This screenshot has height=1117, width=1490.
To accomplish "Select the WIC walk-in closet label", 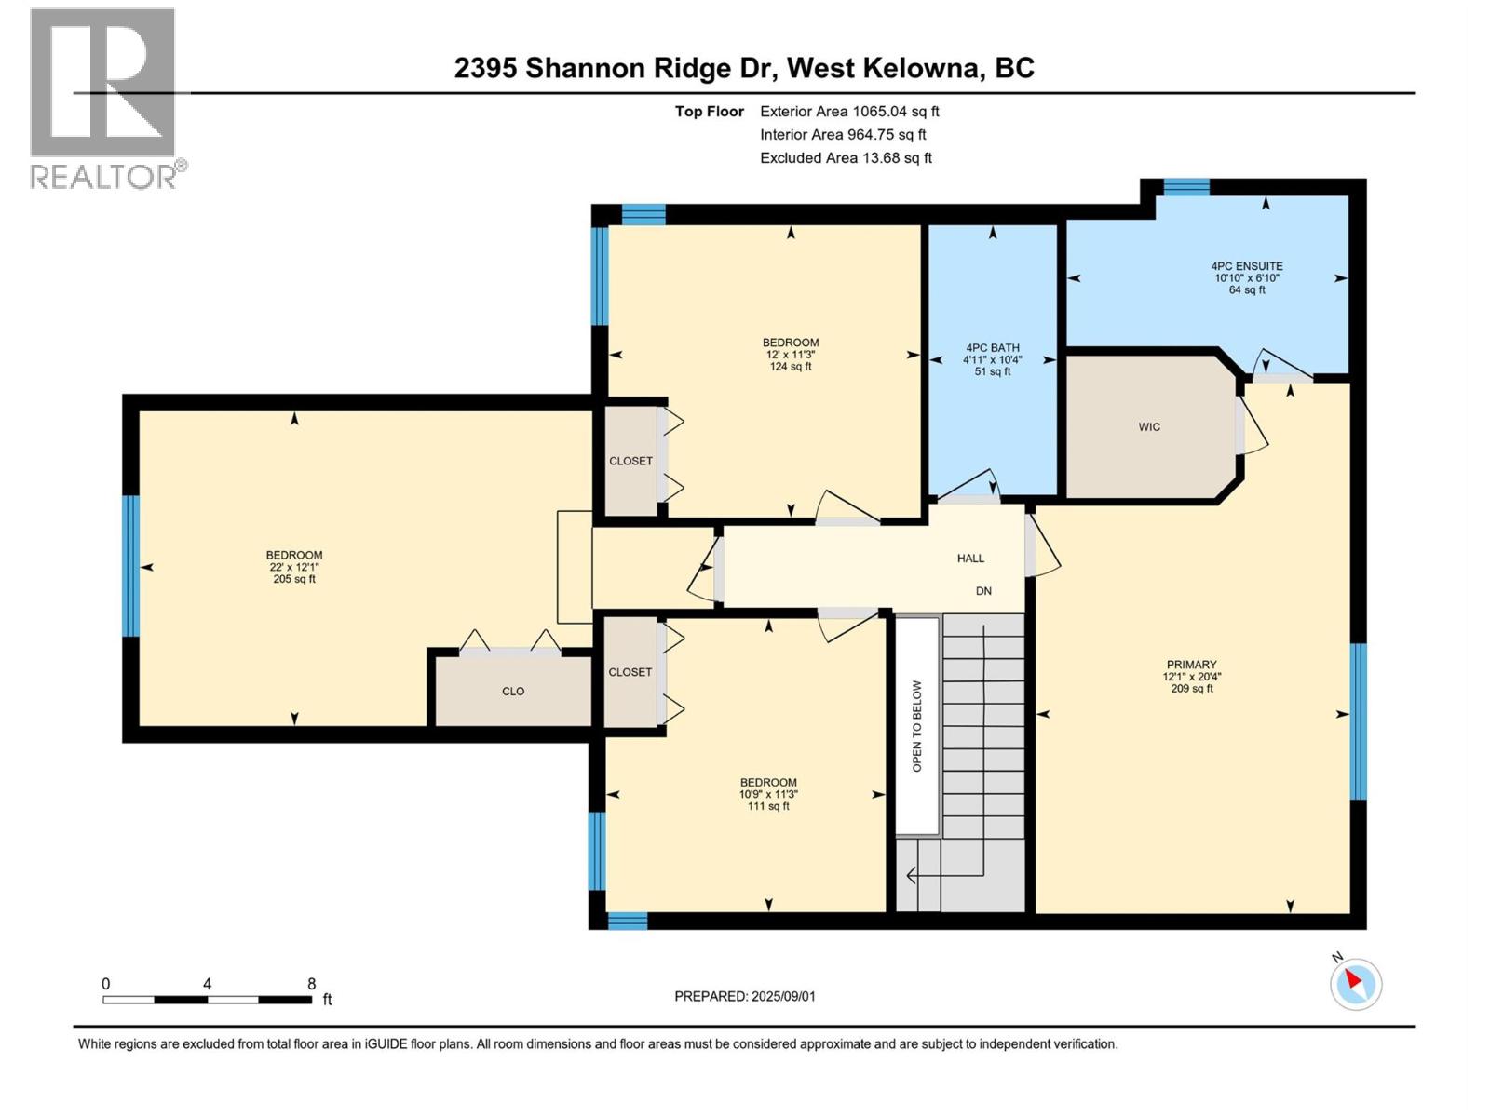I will coord(1149,427).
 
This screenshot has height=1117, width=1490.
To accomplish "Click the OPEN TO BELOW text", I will coord(917,726).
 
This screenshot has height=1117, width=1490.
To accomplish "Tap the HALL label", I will coord(970,558).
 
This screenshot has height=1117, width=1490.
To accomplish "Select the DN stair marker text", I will coord(983,591).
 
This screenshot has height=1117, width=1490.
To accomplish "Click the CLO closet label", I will coord(513,692).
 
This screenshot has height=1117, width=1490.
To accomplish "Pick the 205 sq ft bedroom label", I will coord(293,567).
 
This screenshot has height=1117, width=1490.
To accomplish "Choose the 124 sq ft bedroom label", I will coord(791,355).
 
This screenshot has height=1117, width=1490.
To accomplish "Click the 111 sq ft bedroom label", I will coord(768,794).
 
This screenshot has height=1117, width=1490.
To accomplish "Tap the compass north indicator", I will coord(1355,983).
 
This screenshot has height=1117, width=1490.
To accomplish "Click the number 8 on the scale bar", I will coord(311,984).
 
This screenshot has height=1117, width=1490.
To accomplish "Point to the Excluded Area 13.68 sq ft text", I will coord(846,158).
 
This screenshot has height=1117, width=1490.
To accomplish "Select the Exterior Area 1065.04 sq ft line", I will coord(849,112).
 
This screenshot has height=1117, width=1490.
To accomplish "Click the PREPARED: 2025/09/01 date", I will coord(745,996).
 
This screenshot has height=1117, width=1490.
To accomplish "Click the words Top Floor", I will coord(710,112).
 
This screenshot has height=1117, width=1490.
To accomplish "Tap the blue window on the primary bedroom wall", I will coord(1358,721).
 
